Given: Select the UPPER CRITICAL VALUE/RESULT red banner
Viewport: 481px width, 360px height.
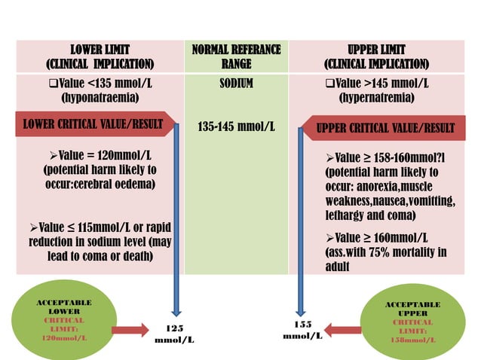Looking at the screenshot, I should (384, 127).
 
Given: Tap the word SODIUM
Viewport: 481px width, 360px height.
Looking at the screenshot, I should (236, 83).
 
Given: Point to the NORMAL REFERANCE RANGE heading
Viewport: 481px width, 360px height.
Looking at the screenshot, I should (236, 56).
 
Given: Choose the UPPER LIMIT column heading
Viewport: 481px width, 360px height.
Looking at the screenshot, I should (377, 56).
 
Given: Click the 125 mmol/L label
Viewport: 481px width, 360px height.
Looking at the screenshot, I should (174, 334).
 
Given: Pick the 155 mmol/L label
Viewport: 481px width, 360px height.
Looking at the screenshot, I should (302, 330).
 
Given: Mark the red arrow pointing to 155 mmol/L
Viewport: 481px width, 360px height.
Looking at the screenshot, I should (343, 329).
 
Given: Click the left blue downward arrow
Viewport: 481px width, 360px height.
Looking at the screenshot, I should (176, 218).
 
